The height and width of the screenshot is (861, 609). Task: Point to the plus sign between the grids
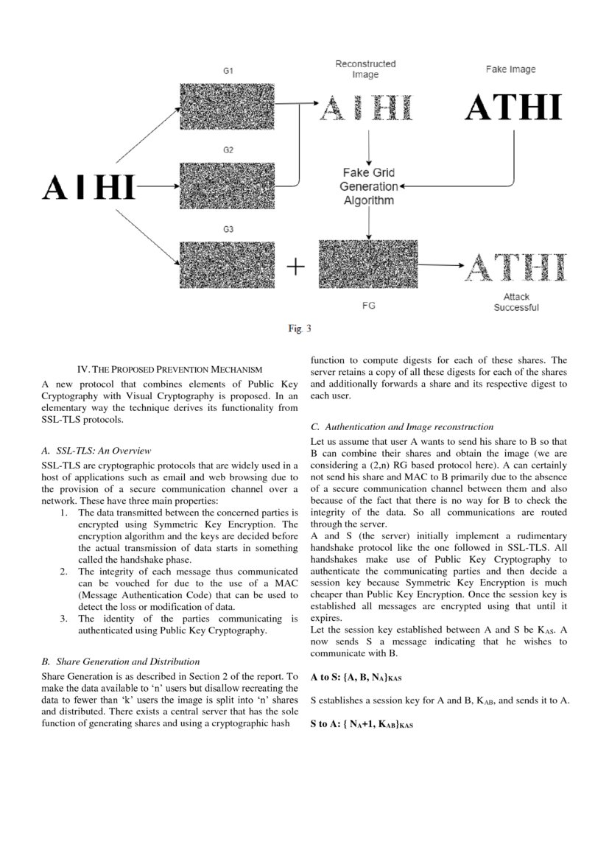pyautogui.click(x=295, y=266)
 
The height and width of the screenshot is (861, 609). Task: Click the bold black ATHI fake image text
pyautogui.click(x=513, y=108)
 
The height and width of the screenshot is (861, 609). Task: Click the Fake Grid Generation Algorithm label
pyautogui.click(x=368, y=187)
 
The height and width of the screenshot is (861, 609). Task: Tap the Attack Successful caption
pyautogui.click(x=515, y=302)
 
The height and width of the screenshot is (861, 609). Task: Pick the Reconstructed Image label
pyautogui.click(x=365, y=69)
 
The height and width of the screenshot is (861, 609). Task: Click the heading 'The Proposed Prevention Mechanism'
pyautogui.click(x=170, y=369)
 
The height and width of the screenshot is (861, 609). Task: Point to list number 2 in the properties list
pyautogui.click(x=64, y=572)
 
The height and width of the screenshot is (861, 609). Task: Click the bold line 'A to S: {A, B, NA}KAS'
pyautogui.click(x=356, y=676)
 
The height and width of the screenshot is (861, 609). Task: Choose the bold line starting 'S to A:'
pyautogui.click(x=362, y=725)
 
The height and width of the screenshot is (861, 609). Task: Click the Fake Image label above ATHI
pyautogui.click(x=510, y=69)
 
